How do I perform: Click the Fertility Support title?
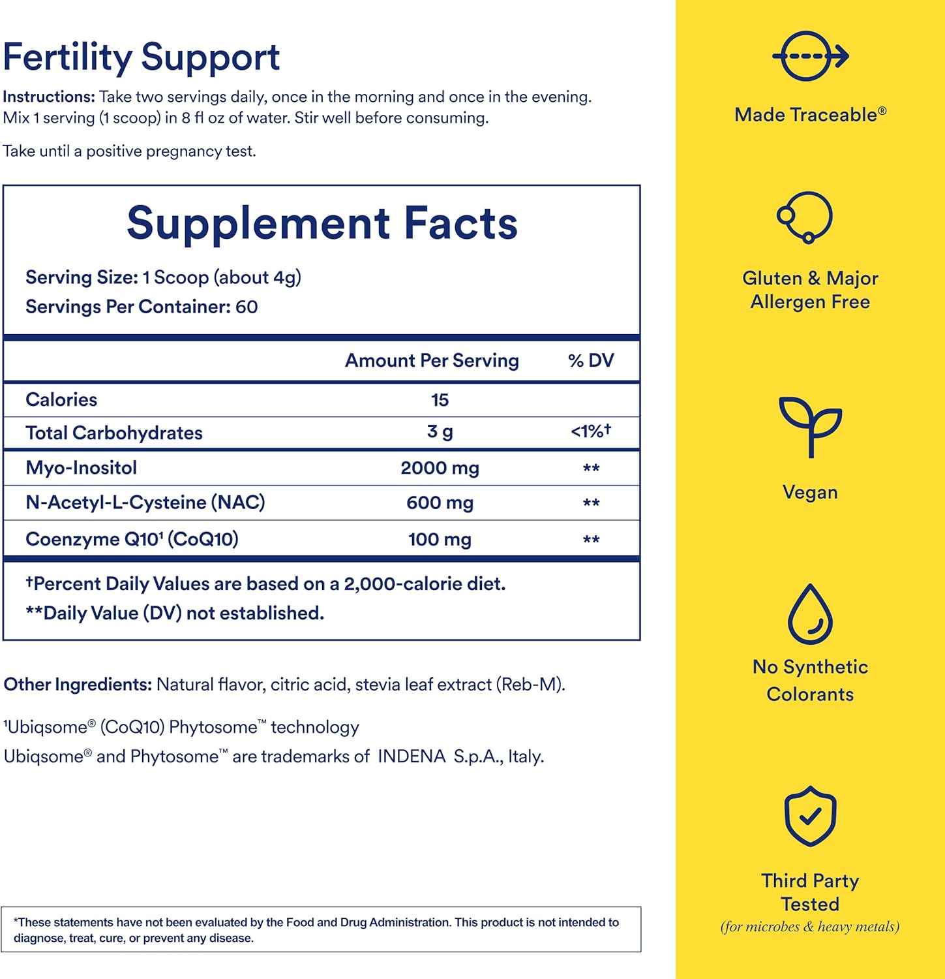point(142,57)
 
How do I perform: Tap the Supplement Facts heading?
point(322,223)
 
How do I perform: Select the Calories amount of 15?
point(440,400)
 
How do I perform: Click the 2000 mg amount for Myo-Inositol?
point(440,468)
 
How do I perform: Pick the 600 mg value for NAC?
point(440,503)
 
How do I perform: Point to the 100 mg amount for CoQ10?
point(440,540)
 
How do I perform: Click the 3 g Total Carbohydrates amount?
point(440,432)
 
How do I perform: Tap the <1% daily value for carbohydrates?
point(590,431)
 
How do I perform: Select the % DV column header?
point(591,361)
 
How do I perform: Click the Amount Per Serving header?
point(432,361)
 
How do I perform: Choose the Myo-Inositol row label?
point(81,468)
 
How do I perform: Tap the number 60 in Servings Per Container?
point(247,307)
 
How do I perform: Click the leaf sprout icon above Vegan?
point(810,426)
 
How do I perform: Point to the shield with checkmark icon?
point(810,816)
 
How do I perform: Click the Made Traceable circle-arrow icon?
point(810,56)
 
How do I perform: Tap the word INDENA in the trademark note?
point(412,756)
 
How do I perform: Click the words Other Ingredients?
point(78,685)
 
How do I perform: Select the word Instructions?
point(49,97)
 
